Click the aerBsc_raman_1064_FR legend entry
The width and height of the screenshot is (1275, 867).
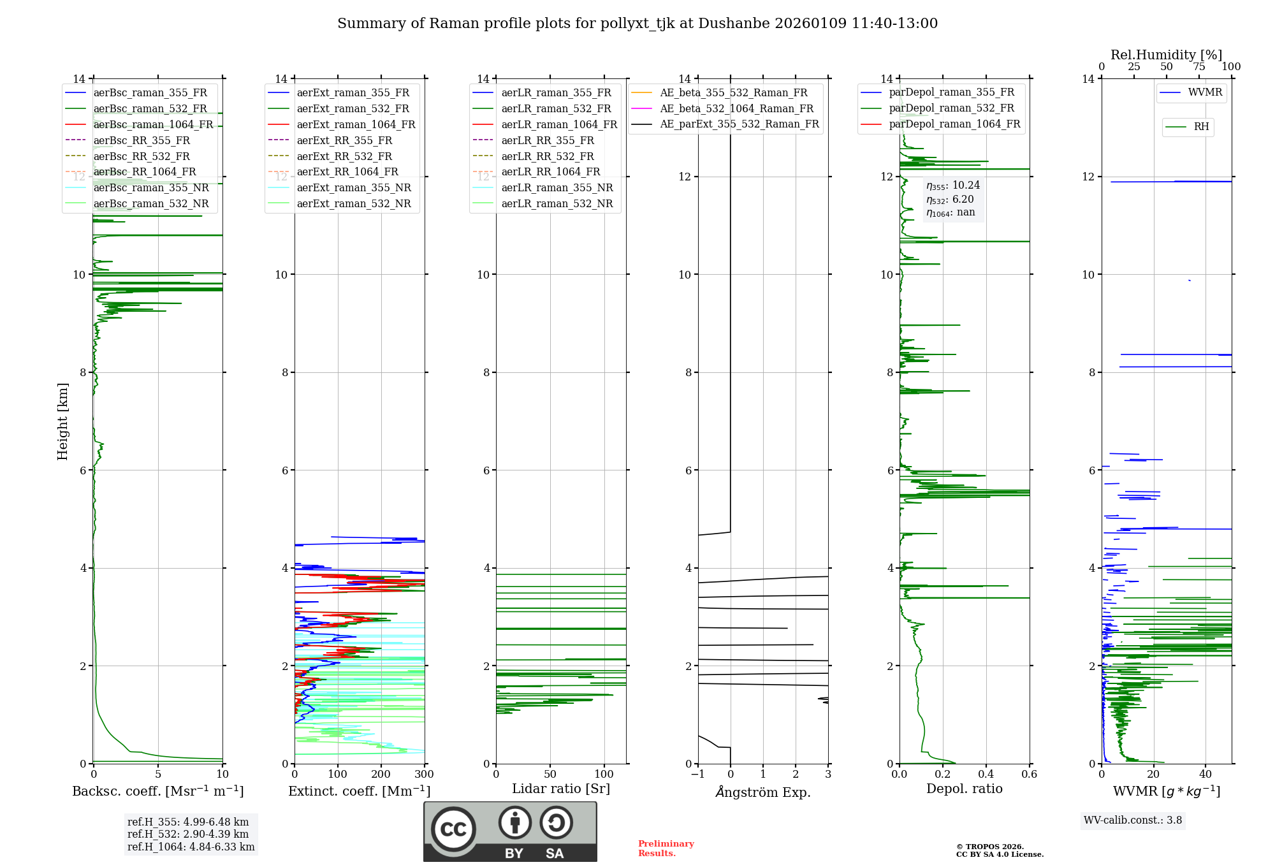(153, 124)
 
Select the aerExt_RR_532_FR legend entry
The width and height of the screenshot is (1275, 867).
(344, 156)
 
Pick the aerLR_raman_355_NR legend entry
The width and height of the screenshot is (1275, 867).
(557, 187)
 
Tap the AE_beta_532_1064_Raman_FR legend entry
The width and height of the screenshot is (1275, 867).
(736, 108)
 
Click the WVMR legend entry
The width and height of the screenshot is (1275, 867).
(1205, 92)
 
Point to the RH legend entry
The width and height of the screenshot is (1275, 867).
(1201, 127)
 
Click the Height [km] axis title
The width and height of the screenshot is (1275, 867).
(62, 421)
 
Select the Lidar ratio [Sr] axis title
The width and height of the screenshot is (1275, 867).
(561, 789)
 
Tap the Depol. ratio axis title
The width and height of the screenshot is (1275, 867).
(964, 789)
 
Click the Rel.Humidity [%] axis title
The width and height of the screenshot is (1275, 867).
(1166, 55)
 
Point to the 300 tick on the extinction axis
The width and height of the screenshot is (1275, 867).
(425, 775)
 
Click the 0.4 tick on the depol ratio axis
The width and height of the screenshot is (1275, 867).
(986, 775)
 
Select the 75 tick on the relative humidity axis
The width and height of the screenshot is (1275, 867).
(1198, 67)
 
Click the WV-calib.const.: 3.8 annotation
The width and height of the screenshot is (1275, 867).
(1132, 820)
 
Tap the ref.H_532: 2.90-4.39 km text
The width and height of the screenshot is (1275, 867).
(188, 834)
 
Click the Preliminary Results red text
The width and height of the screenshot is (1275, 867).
(666, 849)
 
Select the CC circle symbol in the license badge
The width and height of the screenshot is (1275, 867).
(453, 829)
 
